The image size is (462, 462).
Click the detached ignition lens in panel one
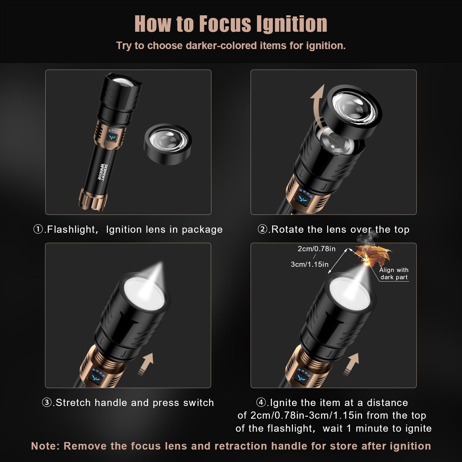[168, 144]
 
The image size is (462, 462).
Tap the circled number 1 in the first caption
[38, 230]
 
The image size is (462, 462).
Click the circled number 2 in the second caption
[262, 230]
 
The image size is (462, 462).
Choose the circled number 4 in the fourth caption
[261, 403]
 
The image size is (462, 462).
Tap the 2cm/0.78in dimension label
[316, 249]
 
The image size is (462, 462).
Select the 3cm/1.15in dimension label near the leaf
[310, 264]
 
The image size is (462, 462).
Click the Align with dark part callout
[394, 274]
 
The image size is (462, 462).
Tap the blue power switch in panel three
[96, 377]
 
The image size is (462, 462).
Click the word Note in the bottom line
[45, 446]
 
